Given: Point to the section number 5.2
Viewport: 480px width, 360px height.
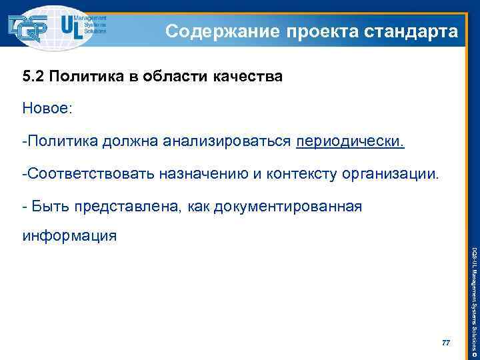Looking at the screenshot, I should pyautogui.click(x=34, y=77).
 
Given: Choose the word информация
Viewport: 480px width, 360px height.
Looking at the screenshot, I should pyautogui.click(x=69, y=236).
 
